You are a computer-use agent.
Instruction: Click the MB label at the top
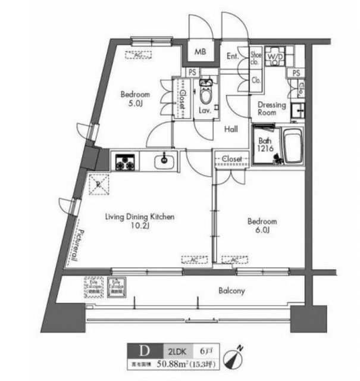(201, 52)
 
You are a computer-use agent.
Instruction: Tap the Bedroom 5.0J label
(135, 98)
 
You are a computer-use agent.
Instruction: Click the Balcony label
(231, 291)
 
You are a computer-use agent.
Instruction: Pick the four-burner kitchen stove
(125, 161)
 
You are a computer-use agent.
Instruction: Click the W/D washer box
(275, 57)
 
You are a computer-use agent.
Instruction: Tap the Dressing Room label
(271, 109)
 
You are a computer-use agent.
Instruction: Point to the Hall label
(231, 129)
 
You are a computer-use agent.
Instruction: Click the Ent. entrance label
(233, 57)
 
